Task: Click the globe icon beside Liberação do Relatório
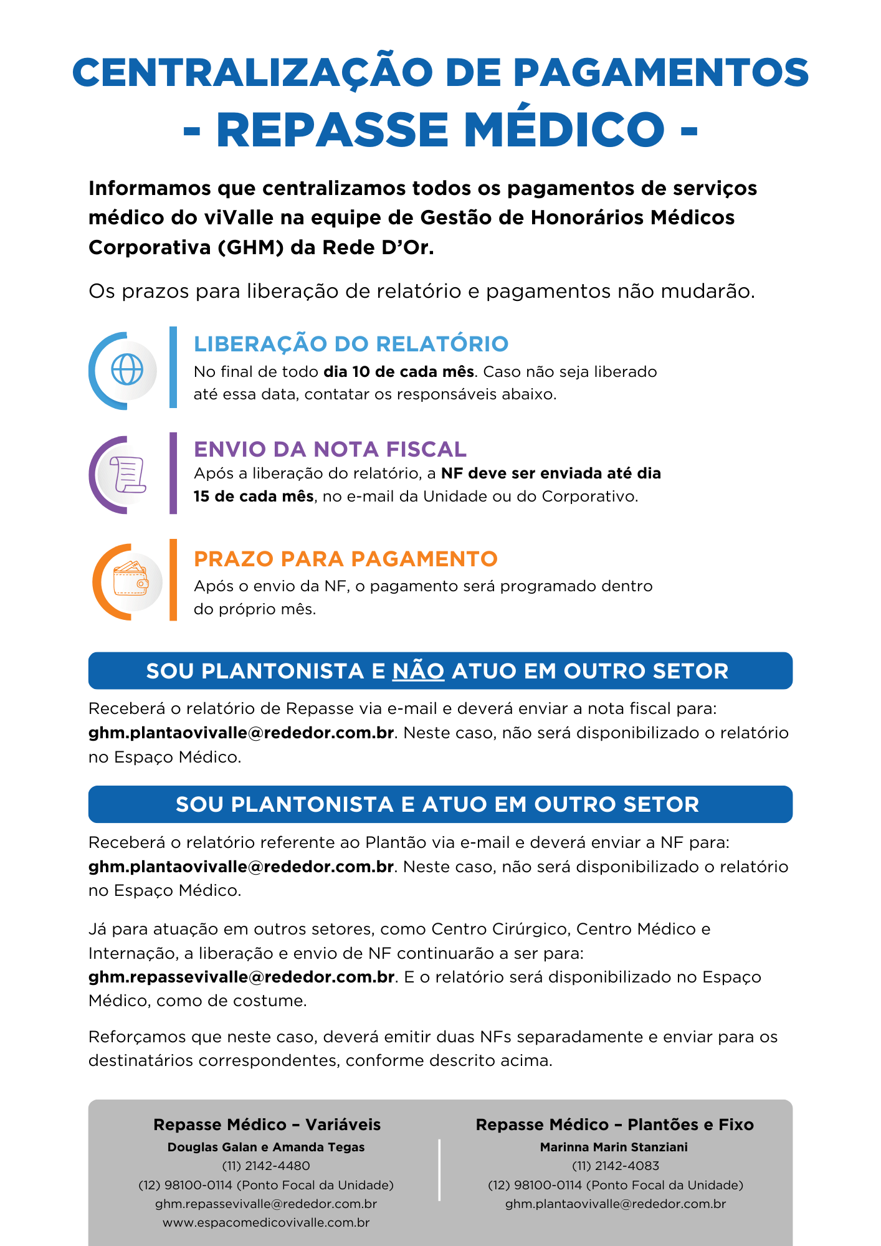pos(127,370)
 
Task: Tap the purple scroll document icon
pos(128,475)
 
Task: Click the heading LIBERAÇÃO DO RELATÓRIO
pos(351,344)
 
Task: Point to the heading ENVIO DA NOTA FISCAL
pos(330,449)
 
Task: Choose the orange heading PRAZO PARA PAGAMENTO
pos(345,559)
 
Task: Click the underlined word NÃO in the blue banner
pos(418,671)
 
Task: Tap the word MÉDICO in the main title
pos(564,130)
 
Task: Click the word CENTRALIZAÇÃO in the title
pos(252,73)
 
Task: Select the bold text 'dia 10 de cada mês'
pos(399,372)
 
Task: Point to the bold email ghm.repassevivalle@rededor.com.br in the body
pos(242,977)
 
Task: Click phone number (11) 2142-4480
pos(266,1166)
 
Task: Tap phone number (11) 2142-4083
pos(615,1166)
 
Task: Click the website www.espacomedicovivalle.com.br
pos(266,1222)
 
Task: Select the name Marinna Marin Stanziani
pos(614,1147)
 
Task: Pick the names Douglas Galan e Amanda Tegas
pos(266,1147)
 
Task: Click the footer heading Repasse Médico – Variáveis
pos(267,1125)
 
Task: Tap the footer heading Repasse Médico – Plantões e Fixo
pos(614,1125)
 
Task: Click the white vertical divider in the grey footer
pos(440,1170)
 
